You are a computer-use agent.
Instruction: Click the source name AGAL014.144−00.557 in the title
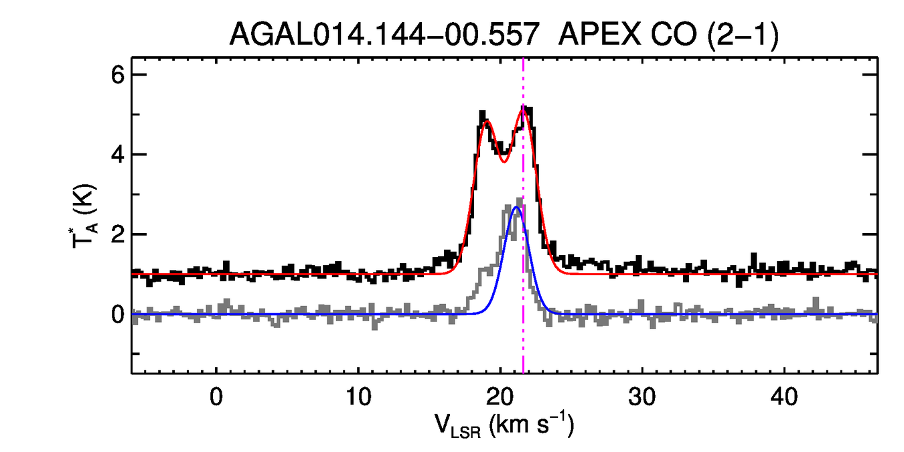[384, 34]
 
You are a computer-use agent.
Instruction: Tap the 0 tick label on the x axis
[216, 396]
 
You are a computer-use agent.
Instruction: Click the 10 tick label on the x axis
[358, 396]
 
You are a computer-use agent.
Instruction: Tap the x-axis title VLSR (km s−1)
[504, 425]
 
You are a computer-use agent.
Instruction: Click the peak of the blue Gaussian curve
[516, 208]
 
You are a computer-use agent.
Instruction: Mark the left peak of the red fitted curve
[486, 122]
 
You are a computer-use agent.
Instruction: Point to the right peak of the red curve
[524, 107]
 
